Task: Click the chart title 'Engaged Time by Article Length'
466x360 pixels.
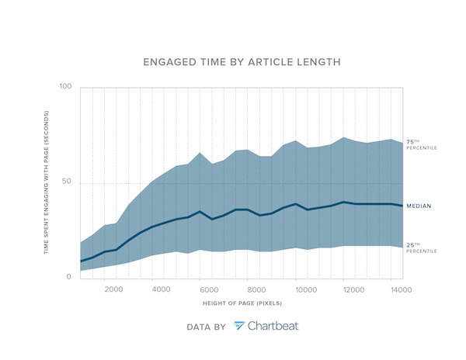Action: [232, 61]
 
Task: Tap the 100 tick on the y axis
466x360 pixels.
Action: [65, 87]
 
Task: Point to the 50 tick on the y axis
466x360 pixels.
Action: [66, 182]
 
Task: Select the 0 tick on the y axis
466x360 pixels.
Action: [68, 277]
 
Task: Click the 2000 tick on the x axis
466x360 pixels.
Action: [113, 290]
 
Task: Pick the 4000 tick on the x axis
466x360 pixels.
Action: [162, 290]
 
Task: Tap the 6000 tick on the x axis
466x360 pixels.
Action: [210, 290]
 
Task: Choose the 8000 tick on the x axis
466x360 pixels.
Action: [258, 290]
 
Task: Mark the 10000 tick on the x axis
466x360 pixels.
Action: [305, 290]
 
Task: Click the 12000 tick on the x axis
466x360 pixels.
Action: [353, 290]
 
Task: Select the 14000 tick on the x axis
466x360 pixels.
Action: [401, 290]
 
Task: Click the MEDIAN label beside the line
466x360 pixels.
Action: [419, 206]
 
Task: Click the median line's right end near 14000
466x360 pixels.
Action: [402, 206]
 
